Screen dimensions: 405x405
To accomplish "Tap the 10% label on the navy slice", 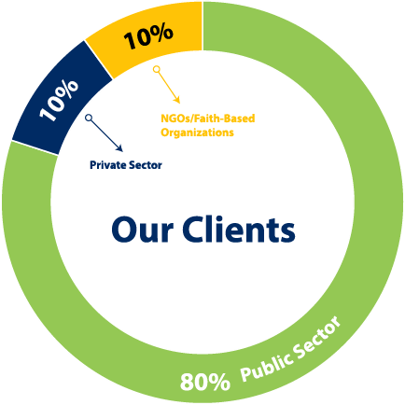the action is point(59,100).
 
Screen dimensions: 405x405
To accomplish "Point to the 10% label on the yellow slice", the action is point(148,36).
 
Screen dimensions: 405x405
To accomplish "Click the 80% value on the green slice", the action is point(205,382).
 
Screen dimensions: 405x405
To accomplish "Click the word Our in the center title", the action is point(142,230).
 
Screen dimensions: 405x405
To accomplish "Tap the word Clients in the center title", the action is point(239,229).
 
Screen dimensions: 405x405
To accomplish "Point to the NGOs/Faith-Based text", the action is point(208,119).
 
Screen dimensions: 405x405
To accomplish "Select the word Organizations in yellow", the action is point(197,133).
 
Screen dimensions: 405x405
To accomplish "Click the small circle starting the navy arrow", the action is point(89,118).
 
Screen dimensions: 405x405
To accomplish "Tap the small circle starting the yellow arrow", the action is point(157,69).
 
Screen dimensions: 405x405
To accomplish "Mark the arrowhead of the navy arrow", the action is point(119,148).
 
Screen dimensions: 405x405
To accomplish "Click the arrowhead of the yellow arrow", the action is point(177,100).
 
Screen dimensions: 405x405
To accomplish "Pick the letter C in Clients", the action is point(195,230).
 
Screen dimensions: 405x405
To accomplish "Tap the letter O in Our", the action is point(124,230).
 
